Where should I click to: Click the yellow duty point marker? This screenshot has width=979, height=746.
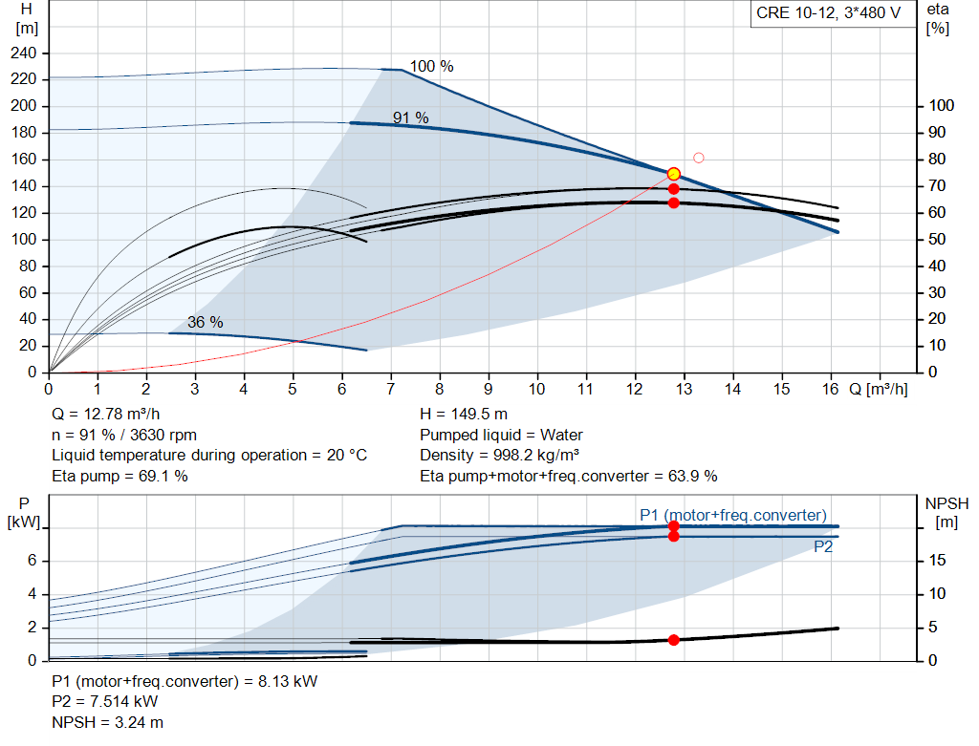coord(673,174)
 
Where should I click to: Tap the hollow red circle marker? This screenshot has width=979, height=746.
coord(699,158)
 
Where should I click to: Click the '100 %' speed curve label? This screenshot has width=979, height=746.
coord(431,66)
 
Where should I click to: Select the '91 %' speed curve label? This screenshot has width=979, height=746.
coord(410,117)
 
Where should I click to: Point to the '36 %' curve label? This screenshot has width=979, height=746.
coord(205,322)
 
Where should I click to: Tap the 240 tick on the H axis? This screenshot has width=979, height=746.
coord(23,53)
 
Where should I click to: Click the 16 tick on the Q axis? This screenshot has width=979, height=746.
coord(830,389)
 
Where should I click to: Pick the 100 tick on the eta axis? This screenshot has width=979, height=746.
coord(941,105)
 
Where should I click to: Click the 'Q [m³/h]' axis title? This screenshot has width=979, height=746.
coord(878,389)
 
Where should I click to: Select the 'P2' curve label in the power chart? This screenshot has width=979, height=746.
coord(823,547)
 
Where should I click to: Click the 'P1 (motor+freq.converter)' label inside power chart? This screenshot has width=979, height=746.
coord(733,515)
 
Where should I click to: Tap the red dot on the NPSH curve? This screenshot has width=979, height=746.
coord(673,640)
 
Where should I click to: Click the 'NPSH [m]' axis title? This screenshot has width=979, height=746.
coord(946,513)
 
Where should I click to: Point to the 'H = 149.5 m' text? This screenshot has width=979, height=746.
coord(464,415)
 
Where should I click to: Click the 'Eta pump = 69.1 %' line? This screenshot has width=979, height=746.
coord(120,476)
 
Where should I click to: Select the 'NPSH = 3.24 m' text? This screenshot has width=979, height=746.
coord(107,722)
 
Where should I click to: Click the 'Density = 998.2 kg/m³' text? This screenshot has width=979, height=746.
coord(499,456)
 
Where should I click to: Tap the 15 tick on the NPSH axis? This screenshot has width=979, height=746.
coord(937,560)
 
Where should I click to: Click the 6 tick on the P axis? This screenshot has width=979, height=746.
coord(32,560)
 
